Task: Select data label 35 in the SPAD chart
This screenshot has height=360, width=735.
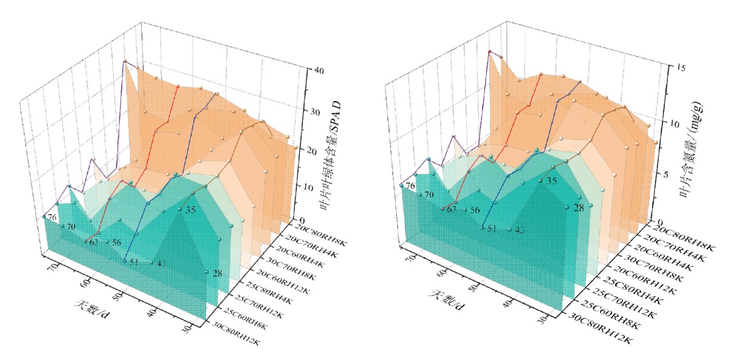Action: tap(190, 210)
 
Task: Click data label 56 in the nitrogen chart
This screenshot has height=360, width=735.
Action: tap(475, 211)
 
